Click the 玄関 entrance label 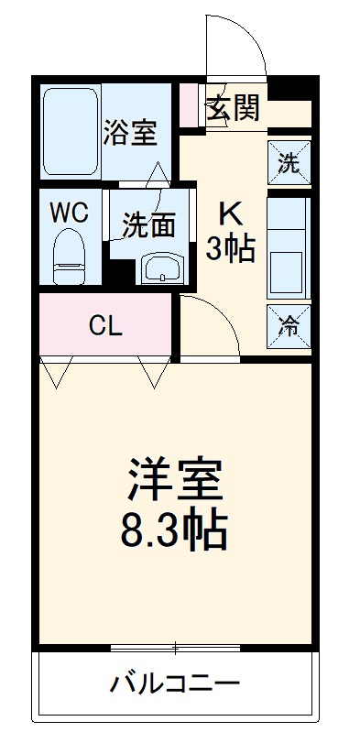(x=233, y=107)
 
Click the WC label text (x=69, y=213)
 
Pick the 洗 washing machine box (x=289, y=164)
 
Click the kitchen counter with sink (x=289, y=246)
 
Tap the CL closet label (x=105, y=326)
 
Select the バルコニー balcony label (x=175, y=683)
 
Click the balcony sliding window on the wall (x=174, y=649)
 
